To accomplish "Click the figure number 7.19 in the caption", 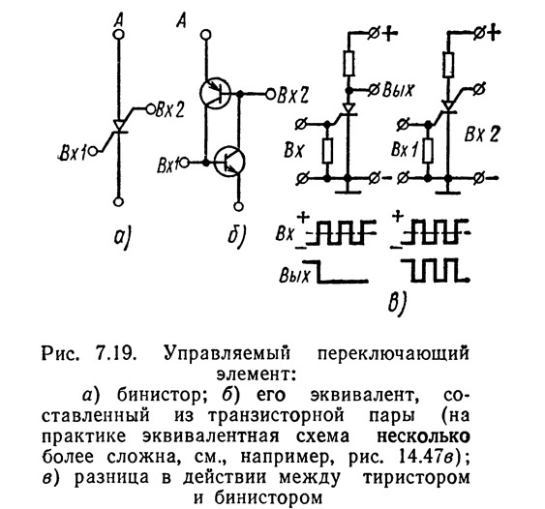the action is [x=114, y=354].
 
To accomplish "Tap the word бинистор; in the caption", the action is [x=159, y=395].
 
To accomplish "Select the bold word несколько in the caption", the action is [x=424, y=436].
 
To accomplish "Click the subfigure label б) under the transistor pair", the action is [x=236, y=234].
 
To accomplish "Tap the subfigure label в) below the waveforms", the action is [x=397, y=303].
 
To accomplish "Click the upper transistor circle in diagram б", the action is [x=216, y=93].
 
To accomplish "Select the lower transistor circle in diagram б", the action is [x=229, y=162].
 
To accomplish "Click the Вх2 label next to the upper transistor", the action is [x=292, y=95].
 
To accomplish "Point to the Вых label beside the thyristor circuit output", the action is [x=398, y=90].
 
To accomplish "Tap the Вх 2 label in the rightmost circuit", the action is [x=482, y=135].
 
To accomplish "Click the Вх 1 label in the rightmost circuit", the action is [x=405, y=149].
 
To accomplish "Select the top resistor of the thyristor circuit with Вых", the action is [x=348, y=63].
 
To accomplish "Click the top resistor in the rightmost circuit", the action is [x=448, y=65].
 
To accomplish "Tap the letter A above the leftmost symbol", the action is [x=119, y=22].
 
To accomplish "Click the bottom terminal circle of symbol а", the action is [x=118, y=202].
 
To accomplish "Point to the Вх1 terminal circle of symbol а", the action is [x=93, y=152].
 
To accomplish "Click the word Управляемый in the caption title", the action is [x=227, y=354].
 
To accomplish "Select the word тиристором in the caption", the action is [x=416, y=478].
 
